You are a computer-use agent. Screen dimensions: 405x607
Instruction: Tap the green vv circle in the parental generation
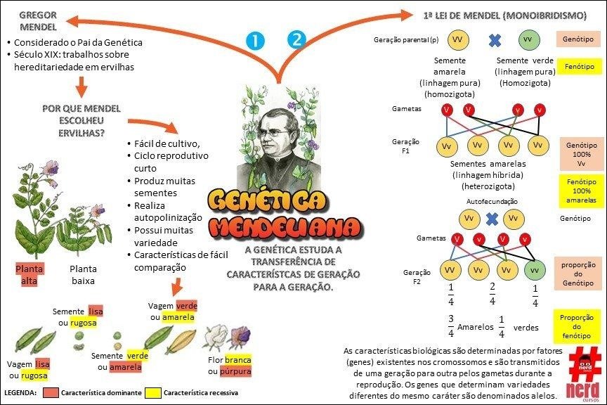pos(528,38)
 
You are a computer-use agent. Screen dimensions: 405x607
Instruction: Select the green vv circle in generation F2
pos(535,269)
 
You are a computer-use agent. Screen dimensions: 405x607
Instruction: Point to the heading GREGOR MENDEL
pos(38,21)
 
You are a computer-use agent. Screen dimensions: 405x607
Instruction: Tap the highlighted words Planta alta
pos(29,275)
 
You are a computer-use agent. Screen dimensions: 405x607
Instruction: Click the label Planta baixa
pos(83,275)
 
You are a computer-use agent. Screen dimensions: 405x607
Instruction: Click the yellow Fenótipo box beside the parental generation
pos(575,67)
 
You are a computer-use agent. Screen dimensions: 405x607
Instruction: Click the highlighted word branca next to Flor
pos(237,360)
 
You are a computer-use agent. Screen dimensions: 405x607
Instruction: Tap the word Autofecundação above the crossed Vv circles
pos(492,201)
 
